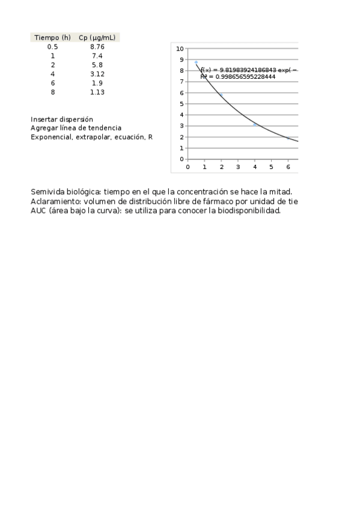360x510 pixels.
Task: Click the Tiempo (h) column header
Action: click(52, 37)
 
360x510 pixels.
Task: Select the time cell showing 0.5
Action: click(53, 46)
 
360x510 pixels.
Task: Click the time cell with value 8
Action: click(53, 92)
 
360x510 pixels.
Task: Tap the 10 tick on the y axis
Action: click(180, 48)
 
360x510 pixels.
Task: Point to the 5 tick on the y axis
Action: click(182, 103)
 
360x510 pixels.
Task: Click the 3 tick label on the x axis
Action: click(238, 167)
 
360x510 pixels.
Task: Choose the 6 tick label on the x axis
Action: click(288, 167)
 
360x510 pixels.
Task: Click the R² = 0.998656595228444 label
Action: click(238, 77)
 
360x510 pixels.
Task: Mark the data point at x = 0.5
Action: click(197, 62)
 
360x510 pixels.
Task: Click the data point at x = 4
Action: click(255, 124)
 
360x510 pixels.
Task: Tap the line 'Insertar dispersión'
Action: click(62, 119)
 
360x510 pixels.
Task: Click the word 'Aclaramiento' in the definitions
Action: click(52, 201)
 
